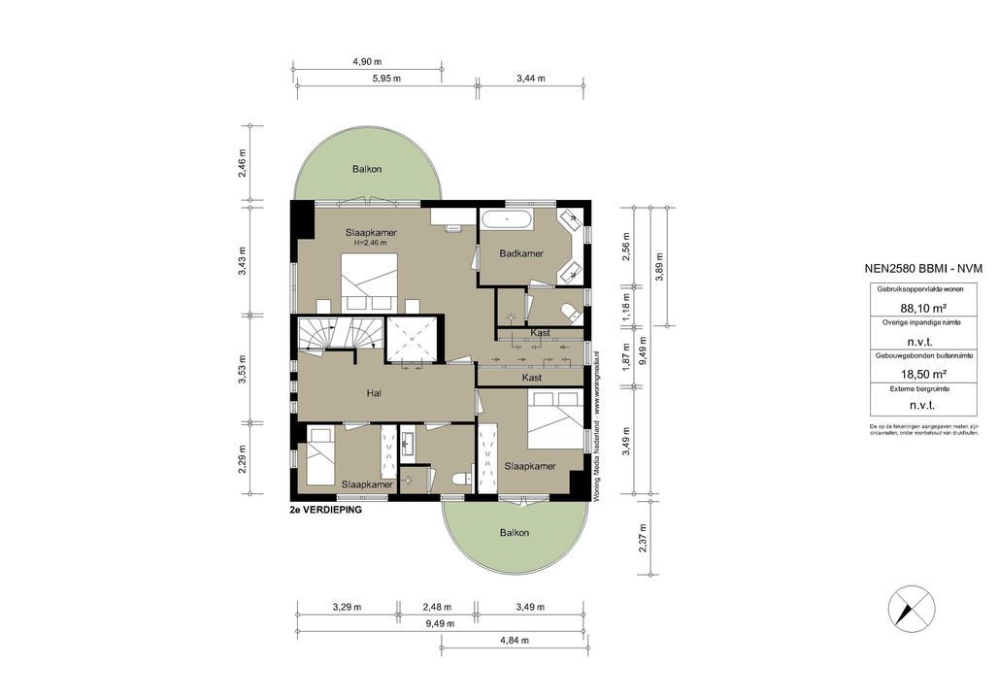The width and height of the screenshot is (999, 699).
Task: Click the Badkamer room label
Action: [520, 253]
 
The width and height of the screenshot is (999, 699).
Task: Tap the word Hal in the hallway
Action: [374, 394]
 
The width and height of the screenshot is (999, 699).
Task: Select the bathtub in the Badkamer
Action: [507, 218]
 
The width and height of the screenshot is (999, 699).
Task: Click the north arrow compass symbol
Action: [912, 610]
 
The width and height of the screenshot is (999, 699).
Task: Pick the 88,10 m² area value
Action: [898, 309]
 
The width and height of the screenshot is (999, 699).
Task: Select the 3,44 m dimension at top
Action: [531, 79]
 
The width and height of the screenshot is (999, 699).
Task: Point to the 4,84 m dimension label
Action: [515, 641]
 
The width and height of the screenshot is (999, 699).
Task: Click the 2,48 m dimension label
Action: [436, 608]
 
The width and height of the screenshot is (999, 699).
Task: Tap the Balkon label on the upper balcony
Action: [367, 169]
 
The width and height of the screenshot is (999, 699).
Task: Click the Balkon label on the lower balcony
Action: [515, 533]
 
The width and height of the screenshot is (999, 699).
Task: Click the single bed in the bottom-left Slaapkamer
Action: [319, 460]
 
